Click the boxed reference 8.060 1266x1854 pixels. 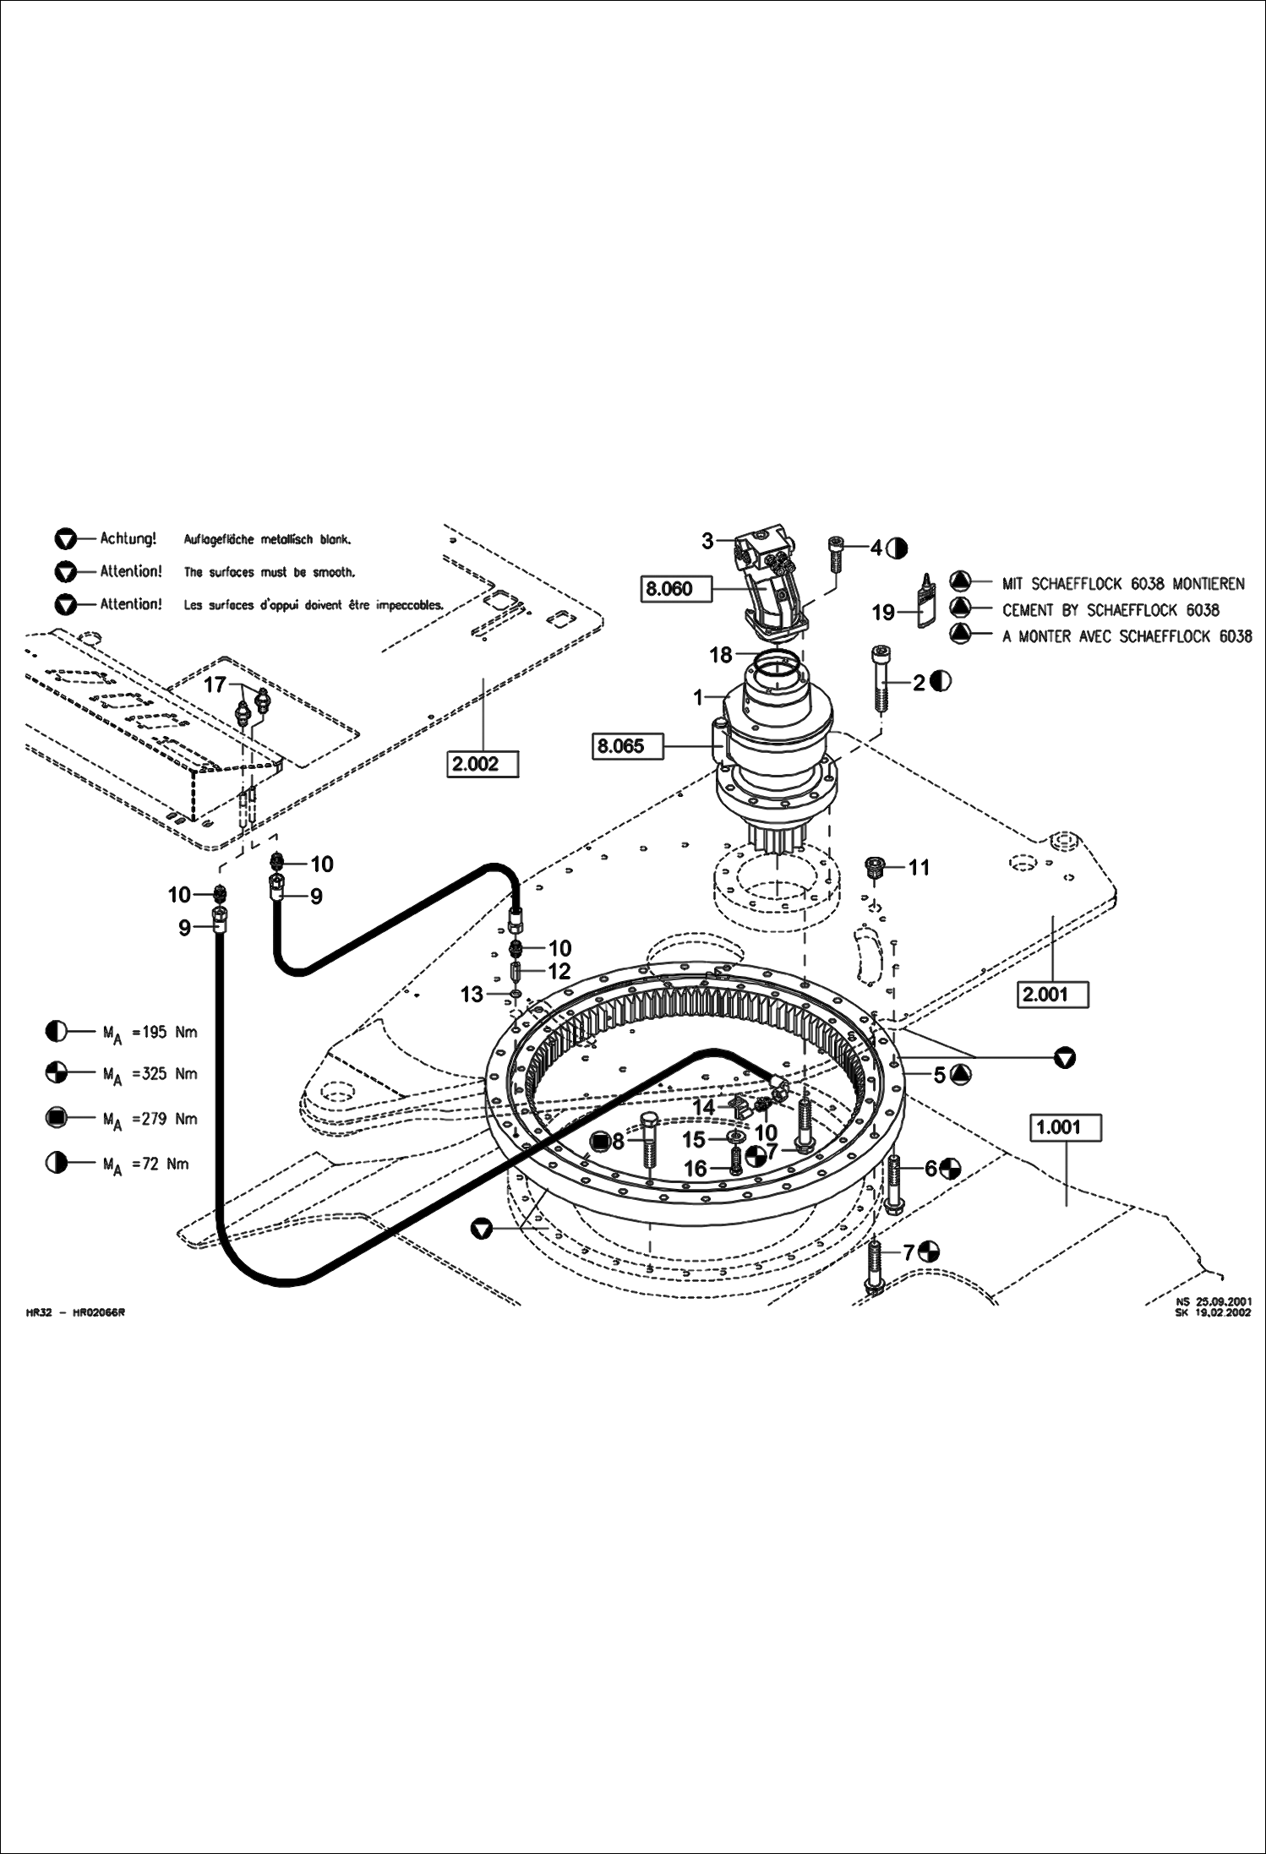click(668, 588)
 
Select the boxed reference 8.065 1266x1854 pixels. click(620, 746)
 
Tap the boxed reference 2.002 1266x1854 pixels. click(476, 764)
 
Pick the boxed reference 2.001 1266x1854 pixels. click(1045, 995)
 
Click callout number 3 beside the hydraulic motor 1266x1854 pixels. click(708, 542)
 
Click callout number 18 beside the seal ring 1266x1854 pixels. click(720, 655)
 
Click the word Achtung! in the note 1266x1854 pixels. click(128, 538)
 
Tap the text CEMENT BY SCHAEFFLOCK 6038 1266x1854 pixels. click(1110, 610)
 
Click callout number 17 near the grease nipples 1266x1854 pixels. click(216, 684)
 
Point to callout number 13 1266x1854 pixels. click(472, 994)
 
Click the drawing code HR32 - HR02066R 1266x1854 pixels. click(75, 1312)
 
